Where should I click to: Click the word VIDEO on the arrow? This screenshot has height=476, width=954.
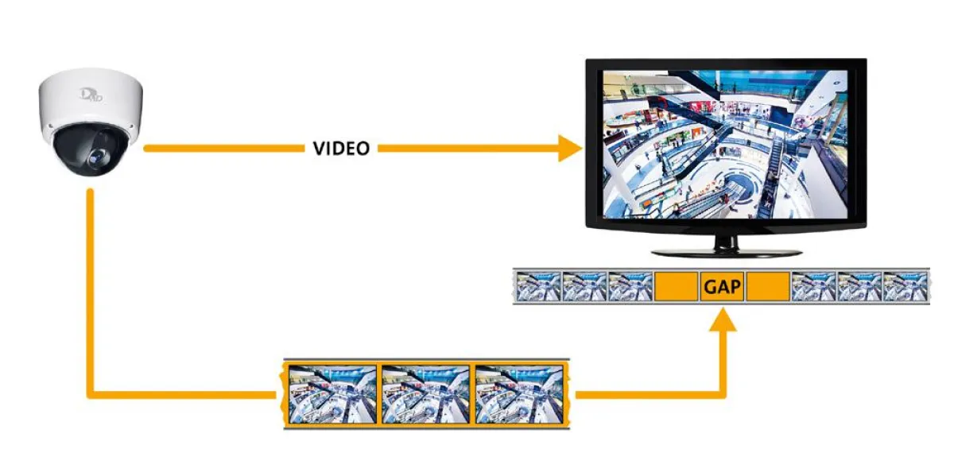[341, 148]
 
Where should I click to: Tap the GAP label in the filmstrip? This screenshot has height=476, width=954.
[723, 287]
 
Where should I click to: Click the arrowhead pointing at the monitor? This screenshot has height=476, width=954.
[570, 148]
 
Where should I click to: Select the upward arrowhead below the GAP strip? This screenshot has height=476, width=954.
[723, 319]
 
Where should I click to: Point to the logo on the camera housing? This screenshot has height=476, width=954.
[91, 95]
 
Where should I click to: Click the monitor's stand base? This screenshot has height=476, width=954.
[727, 253]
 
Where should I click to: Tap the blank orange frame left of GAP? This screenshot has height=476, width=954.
[676, 286]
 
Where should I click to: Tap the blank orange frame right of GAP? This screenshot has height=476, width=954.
[768, 286]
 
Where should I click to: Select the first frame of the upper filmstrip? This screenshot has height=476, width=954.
[538, 286]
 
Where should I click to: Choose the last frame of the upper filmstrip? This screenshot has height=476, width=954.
[906, 286]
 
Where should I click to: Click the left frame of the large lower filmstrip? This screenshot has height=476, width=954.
[332, 394]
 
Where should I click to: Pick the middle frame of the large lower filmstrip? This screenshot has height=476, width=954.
[425, 394]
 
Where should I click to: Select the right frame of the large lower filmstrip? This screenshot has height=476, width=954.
[518, 394]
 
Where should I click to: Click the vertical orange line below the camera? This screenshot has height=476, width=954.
[90, 291]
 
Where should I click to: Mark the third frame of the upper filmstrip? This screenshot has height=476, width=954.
[630, 286]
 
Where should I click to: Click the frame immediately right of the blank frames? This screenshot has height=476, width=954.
[813, 286]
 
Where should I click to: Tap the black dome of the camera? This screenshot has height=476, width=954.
[91, 150]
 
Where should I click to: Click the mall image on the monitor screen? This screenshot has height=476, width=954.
[725, 145]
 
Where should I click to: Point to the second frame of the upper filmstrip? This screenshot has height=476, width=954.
[584, 286]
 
